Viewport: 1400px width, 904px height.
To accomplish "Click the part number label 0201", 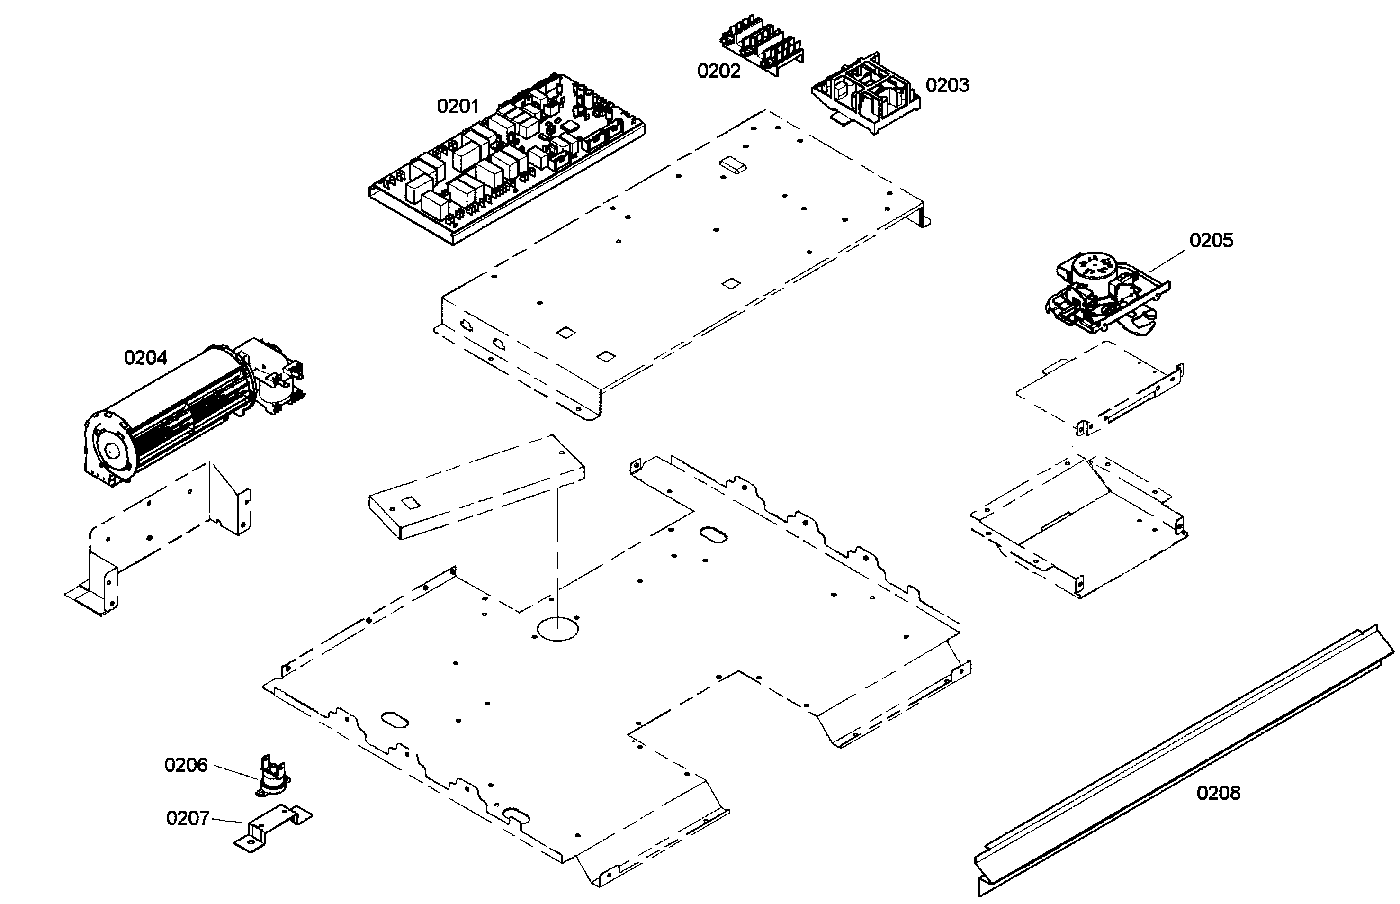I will click(458, 106).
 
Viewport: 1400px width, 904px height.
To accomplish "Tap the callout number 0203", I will click(947, 85).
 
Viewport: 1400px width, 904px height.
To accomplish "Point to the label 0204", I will click(145, 358).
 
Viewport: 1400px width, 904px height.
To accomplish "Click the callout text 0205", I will click(1211, 240).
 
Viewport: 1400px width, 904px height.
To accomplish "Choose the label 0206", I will click(186, 765).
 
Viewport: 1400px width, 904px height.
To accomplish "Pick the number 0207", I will click(187, 818).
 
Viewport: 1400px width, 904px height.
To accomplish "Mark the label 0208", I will click(1218, 793).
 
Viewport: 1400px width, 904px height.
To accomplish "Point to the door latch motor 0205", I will click(1103, 297).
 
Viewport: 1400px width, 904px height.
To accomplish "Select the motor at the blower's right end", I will click(273, 376).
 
